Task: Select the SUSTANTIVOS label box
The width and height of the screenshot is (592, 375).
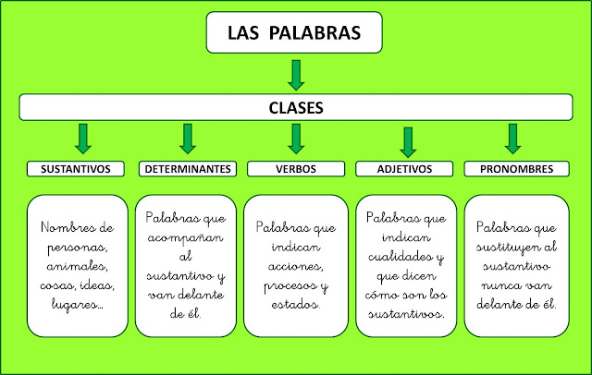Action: [x=76, y=170]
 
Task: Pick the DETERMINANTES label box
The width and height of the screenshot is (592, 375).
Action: [x=188, y=170]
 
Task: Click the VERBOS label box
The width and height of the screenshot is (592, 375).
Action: [x=297, y=170]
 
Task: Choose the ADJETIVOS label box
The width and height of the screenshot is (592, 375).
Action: [x=406, y=170]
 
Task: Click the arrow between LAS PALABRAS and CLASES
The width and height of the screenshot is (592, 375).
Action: [x=295, y=75]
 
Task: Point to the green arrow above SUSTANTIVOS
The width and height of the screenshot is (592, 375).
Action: [x=81, y=138]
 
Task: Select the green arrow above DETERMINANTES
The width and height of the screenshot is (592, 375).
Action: [x=188, y=138]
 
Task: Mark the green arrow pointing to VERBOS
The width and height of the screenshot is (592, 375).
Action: [x=296, y=138]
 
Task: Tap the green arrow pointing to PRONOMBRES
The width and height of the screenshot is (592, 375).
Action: [x=512, y=138]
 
